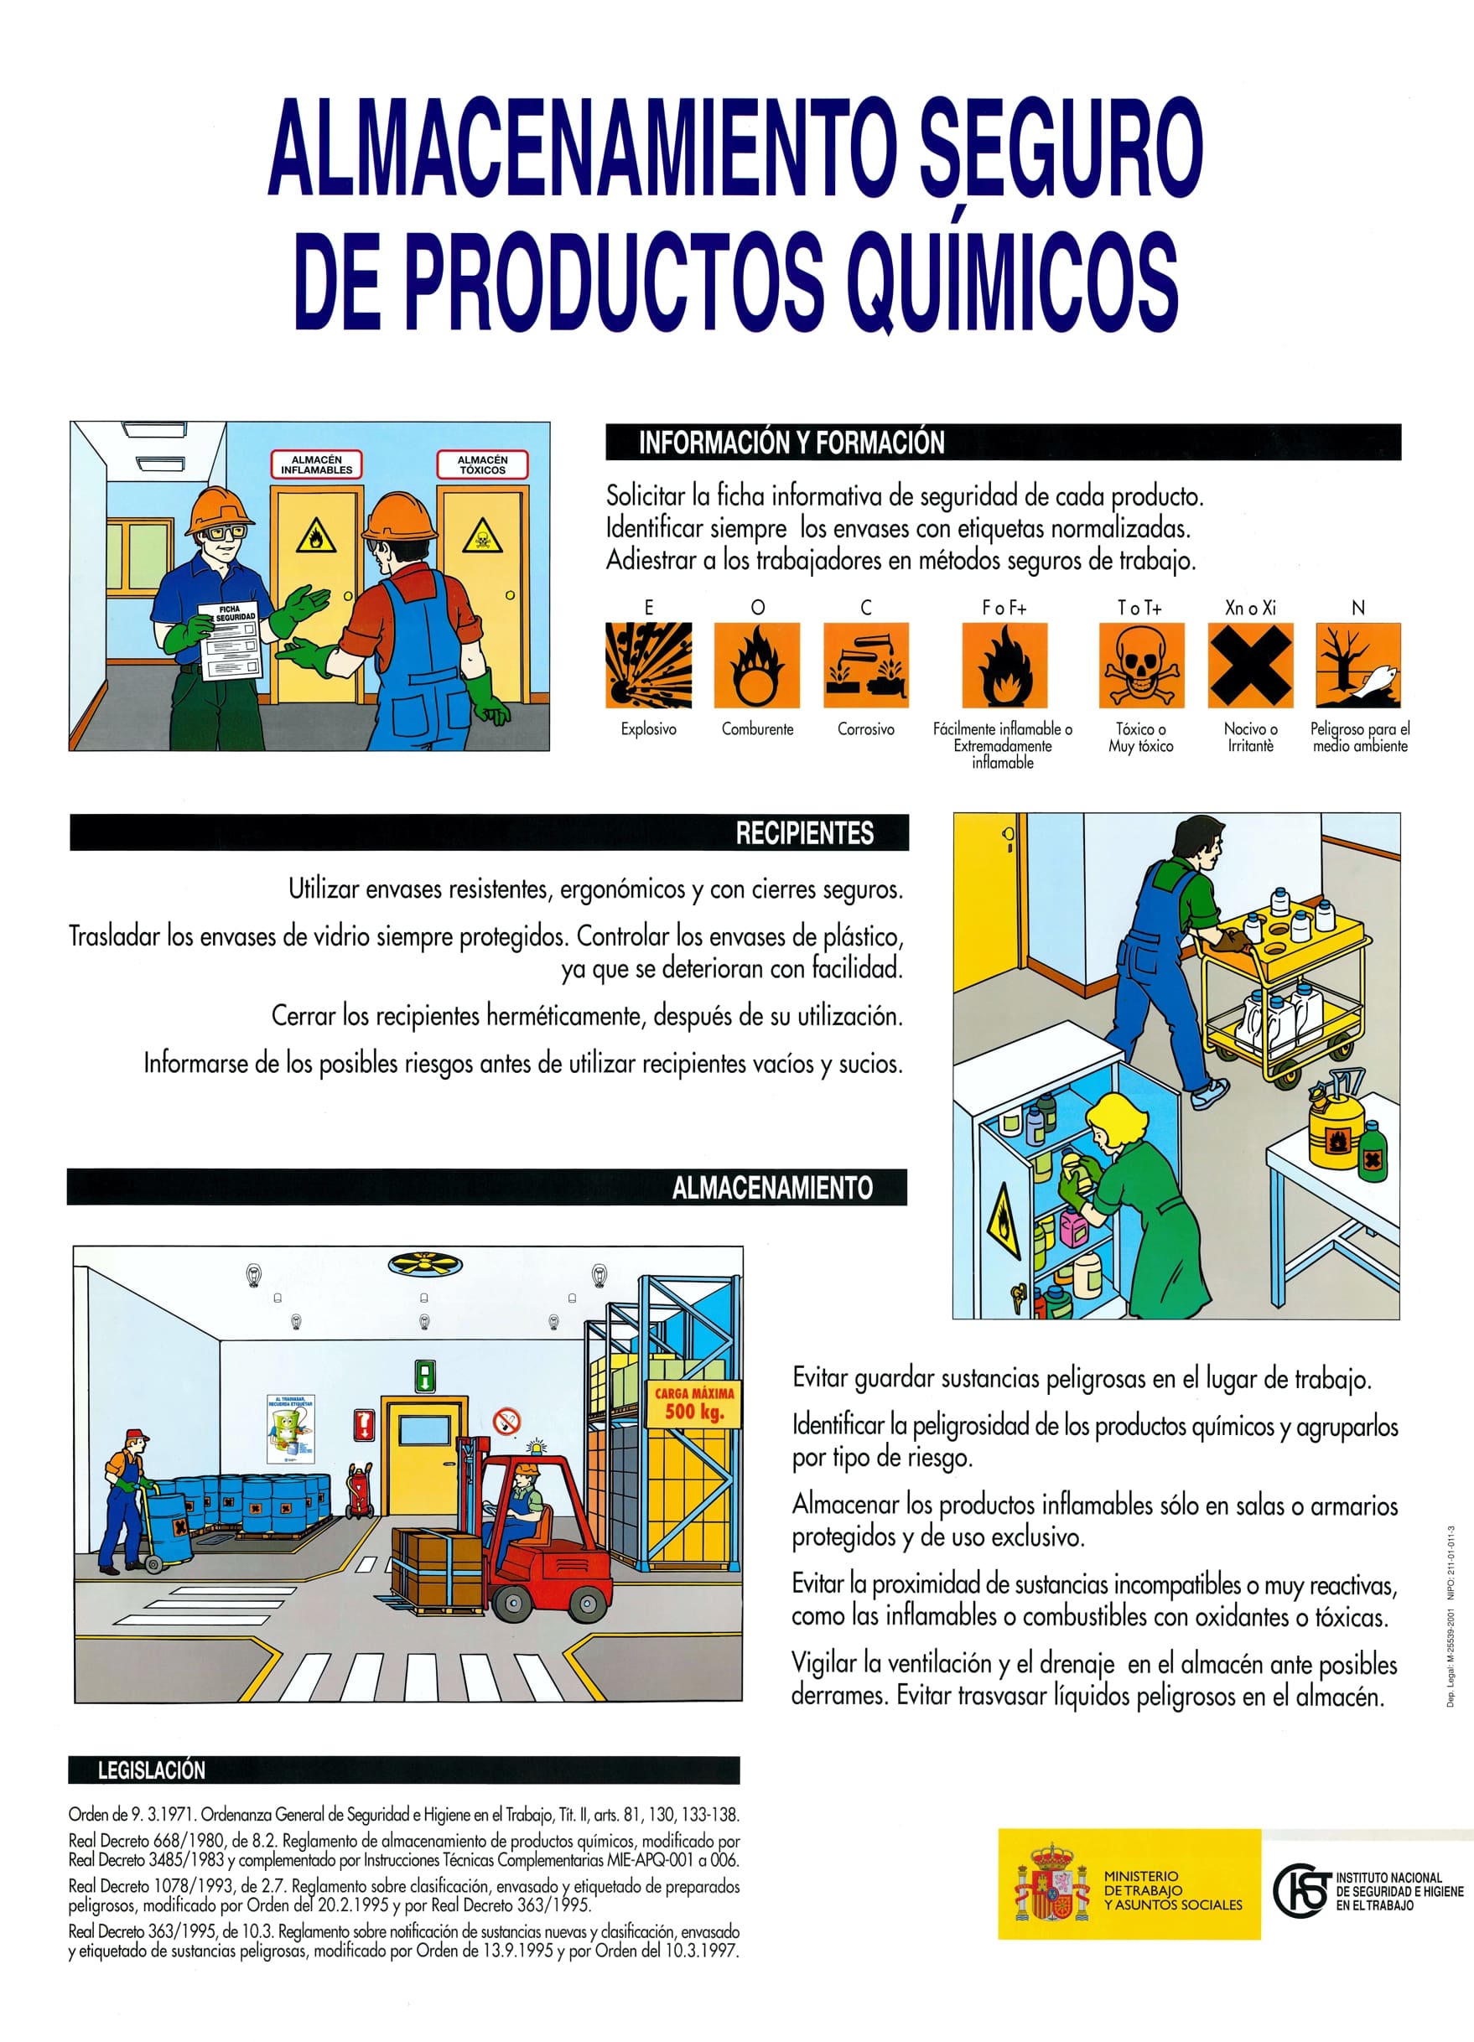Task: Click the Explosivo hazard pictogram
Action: (648, 666)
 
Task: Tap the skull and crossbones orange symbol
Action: (1141, 666)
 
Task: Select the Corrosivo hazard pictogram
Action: (866, 666)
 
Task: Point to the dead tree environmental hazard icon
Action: (1357, 666)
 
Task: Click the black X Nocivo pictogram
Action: (1250, 666)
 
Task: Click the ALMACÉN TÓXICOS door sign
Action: (482, 464)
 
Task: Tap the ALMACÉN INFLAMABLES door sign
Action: (316, 464)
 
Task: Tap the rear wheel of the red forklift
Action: (590, 1603)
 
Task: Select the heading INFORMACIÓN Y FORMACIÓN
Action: (791, 442)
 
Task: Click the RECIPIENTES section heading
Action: (804, 833)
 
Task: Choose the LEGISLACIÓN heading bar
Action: (151, 1770)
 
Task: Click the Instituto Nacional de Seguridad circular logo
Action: (1301, 1891)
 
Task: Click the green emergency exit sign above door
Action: (425, 1375)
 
